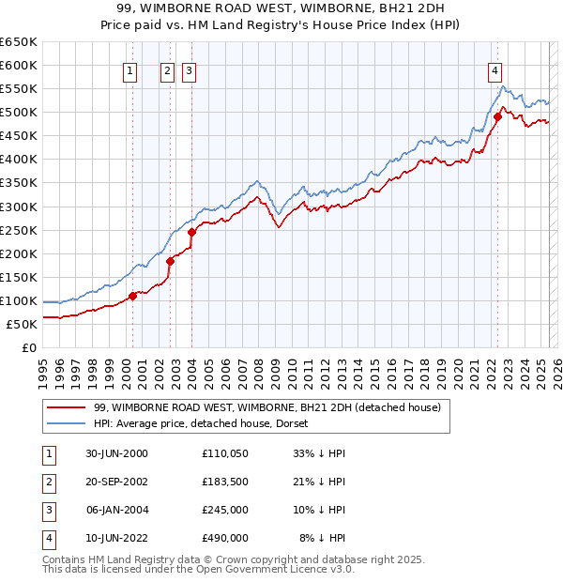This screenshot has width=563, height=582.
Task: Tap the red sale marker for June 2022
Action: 497,117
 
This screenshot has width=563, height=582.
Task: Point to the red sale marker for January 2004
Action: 191,232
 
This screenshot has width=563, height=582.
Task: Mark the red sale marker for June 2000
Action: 132,296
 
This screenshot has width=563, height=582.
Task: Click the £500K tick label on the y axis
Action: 19,112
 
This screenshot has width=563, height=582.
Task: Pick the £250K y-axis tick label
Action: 19,230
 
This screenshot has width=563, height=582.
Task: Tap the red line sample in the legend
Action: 66,407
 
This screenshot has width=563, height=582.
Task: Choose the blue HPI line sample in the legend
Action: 66,423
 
